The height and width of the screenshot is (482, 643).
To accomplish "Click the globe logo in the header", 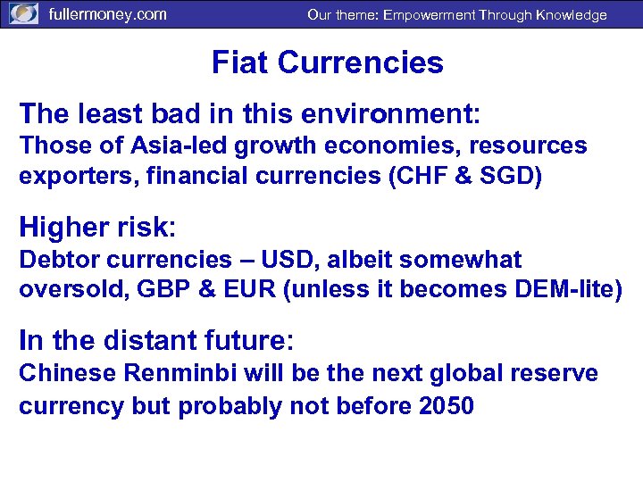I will pos(23,14).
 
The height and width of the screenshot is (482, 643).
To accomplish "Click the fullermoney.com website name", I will pos(106,14).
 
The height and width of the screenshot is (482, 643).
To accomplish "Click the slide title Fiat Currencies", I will pos(327,62).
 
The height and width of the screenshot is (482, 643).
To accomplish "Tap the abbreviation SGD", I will pos(506,175).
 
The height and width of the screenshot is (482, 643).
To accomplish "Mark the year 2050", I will pos(446,405).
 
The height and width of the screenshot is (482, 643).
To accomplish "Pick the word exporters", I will pos(62,175).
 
